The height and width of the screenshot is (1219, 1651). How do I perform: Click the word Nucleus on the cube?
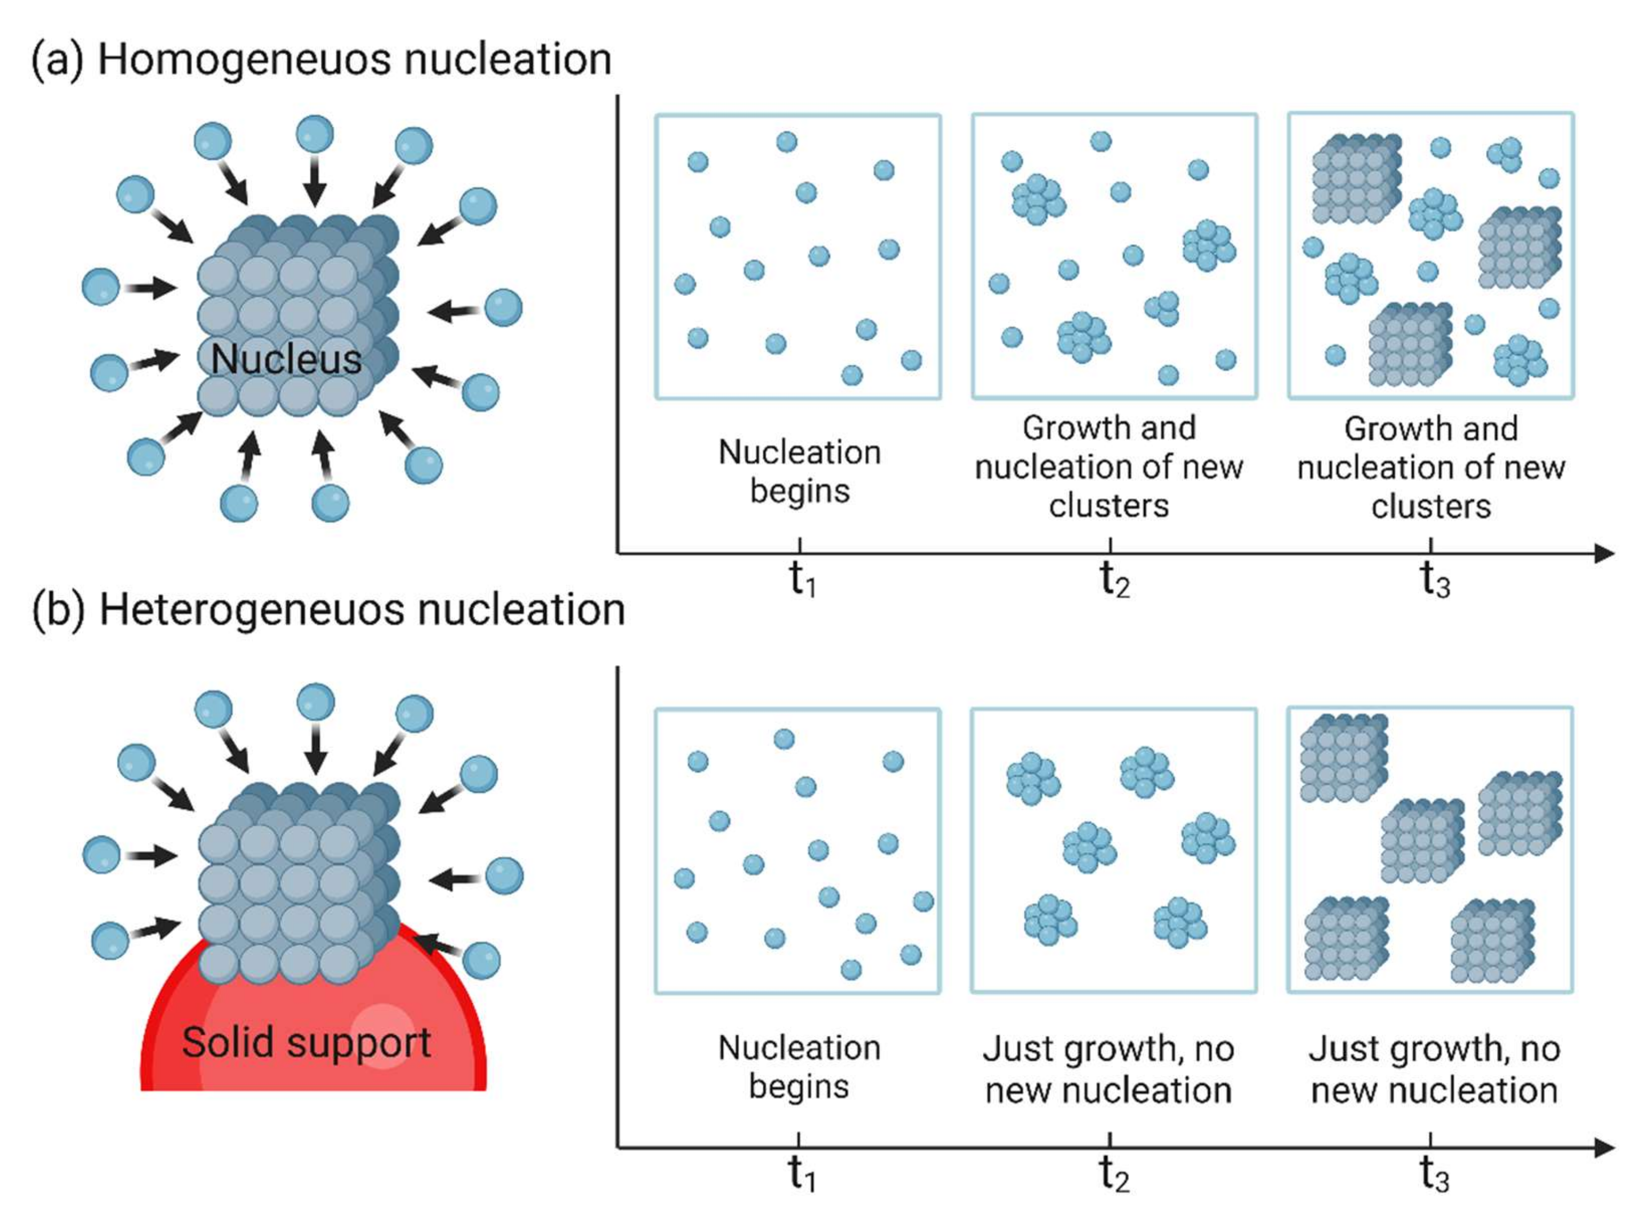(286, 360)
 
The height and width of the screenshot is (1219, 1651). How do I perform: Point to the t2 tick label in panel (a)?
(1115, 579)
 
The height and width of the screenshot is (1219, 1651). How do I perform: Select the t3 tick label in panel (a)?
(1435, 579)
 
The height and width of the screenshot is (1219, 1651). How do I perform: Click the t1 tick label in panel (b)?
(801, 1173)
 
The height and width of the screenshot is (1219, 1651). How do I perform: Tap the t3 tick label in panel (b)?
(1434, 1173)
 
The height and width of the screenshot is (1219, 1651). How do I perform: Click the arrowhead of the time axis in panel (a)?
(1604, 553)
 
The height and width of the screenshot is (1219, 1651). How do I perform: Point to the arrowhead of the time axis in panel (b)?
(1604, 1148)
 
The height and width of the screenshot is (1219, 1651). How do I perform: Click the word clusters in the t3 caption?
(1431, 507)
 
